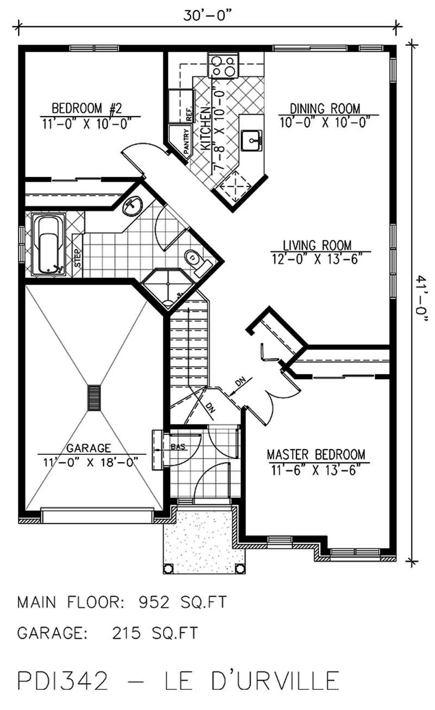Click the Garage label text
pos(89,448)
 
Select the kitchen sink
pos(253,140)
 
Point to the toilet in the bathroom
pos(197,260)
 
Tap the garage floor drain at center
pos(94,398)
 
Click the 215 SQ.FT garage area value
pos(155,633)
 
